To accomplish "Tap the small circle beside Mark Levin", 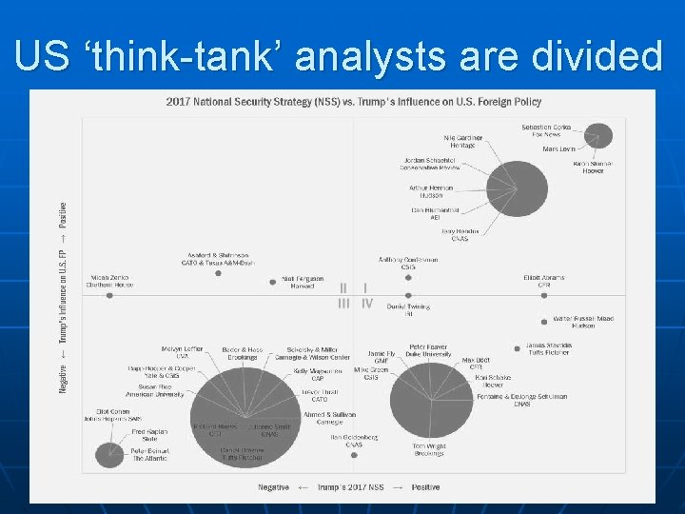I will (x=598, y=136).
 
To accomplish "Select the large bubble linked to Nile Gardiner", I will (x=517, y=195).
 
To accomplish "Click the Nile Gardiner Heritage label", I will (x=463, y=141).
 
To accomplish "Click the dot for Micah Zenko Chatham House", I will (x=110, y=295).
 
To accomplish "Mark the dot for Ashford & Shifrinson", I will (x=219, y=273).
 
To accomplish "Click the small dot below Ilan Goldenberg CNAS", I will (x=354, y=455).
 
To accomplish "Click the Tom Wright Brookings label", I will (x=428, y=449).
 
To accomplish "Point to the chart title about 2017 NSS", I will (x=353, y=102).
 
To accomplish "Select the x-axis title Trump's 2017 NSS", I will (x=349, y=487).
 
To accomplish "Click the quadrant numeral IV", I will (x=367, y=305).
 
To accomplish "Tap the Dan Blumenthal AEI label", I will (x=435, y=213).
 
